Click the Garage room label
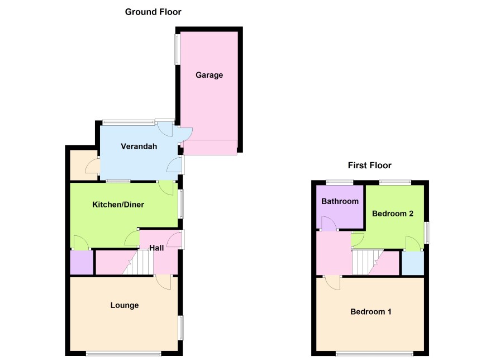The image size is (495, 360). point(210,75)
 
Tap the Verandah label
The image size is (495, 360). point(139,146)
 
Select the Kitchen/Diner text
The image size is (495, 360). point(118,205)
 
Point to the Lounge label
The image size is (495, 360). point(125,305)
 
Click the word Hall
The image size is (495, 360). point(156,248)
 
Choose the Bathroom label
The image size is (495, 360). point(340,201)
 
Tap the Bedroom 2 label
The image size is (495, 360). point(392,214)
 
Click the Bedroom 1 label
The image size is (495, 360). point(370,312)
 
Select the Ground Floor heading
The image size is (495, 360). point(153,12)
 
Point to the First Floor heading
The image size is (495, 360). point(369,165)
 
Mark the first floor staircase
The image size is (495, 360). point(367,262)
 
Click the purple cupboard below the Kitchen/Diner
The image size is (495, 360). point(82,262)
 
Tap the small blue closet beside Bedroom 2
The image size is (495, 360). point(412,263)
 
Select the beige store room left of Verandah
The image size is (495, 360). point(84,165)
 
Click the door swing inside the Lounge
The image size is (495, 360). point(164,282)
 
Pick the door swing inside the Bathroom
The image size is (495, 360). point(329,224)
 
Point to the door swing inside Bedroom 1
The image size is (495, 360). point(332,283)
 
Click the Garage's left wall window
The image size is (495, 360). point(177,49)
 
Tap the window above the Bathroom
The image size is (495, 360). point(339,182)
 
